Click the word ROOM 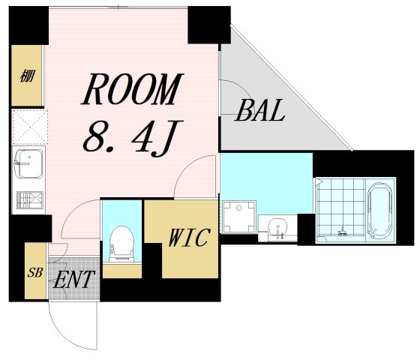132,88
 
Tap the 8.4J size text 133,139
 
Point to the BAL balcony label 260,110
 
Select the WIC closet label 189,237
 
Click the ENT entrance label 74,279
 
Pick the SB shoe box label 35,273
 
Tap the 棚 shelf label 27,76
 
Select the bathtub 380,211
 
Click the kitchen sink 28,163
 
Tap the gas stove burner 30,199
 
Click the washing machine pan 239,217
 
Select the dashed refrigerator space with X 30,127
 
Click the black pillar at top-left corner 28,25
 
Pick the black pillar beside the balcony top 209,25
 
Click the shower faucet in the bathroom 342,232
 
